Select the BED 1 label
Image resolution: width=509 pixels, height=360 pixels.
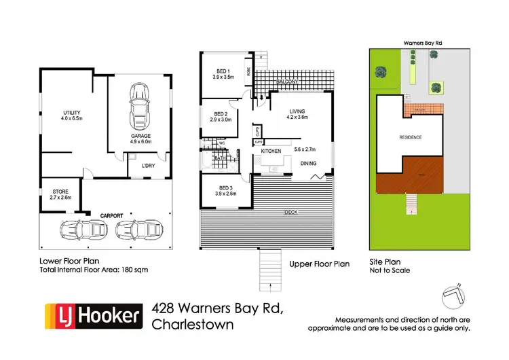(x=223, y=71)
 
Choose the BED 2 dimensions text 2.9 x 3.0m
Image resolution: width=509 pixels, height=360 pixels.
(x=221, y=120)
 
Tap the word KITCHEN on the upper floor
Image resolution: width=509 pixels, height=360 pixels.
(x=271, y=149)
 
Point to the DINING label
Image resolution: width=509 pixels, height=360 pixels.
(x=308, y=163)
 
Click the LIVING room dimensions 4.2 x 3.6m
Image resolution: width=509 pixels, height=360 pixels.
(x=297, y=117)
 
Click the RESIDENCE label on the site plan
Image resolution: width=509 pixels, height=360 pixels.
(x=410, y=137)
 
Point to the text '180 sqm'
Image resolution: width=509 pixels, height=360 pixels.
(x=133, y=270)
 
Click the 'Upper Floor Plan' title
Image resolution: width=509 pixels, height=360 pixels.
(x=319, y=264)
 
